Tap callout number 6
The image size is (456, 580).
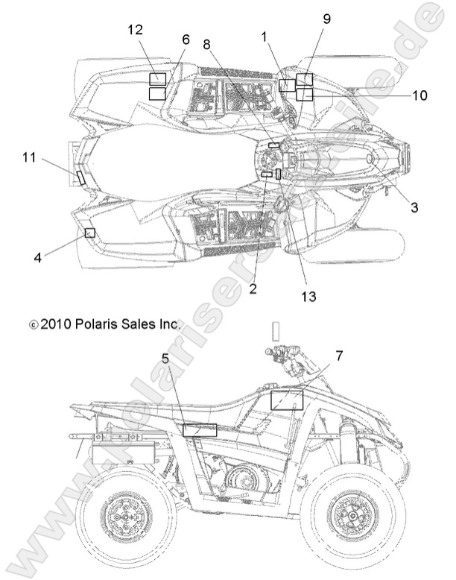click(186, 40)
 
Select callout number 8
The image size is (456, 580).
click(206, 44)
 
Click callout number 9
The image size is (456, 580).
click(326, 20)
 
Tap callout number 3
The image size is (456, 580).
click(414, 207)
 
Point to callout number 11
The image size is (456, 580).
click(29, 157)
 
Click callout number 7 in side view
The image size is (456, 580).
click(339, 356)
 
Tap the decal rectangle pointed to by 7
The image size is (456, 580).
click(286, 400)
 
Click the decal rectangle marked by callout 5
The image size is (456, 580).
click(200, 429)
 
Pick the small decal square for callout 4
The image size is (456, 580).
click(90, 233)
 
